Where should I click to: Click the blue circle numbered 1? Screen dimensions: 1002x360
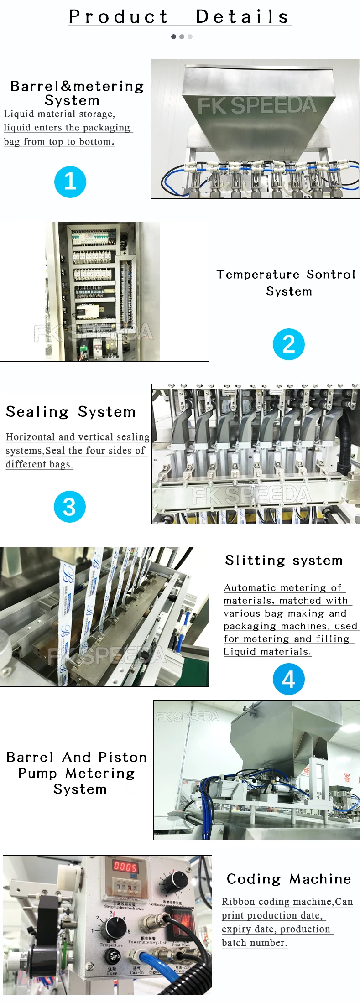click(70, 182)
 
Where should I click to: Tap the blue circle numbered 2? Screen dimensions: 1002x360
click(288, 344)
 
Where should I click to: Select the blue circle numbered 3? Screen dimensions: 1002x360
click(69, 507)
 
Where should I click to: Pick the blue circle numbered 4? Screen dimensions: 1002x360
click(288, 679)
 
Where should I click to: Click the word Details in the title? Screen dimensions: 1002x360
click(243, 17)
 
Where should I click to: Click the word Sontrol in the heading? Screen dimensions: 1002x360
click(331, 275)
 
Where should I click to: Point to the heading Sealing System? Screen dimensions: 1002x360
click(71, 412)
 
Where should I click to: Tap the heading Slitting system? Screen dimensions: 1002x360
click(284, 561)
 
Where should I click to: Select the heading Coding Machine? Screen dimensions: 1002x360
click(289, 879)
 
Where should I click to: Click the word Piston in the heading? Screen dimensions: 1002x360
click(123, 758)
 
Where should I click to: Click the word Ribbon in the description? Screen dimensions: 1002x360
click(238, 902)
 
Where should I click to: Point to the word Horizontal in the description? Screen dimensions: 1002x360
click(30, 437)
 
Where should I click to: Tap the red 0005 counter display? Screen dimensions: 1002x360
click(125, 867)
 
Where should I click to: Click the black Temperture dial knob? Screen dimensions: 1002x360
click(113, 928)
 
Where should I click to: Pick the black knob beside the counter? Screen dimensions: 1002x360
click(175, 880)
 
